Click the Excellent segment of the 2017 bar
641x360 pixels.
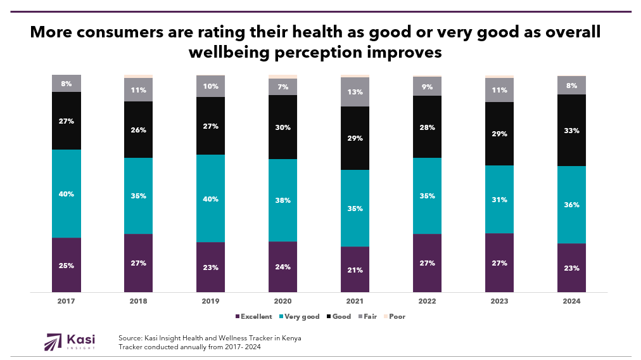[x=67, y=265]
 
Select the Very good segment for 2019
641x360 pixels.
[x=211, y=198]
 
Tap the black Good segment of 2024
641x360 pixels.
[x=571, y=130]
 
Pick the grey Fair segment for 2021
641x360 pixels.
[x=355, y=92]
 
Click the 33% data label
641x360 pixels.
[x=571, y=131]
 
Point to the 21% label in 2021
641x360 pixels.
[x=355, y=270]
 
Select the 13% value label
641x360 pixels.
[x=355, y=92]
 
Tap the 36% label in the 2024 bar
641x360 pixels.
[x=571, y=204]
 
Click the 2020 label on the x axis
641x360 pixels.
[x=283, y=301]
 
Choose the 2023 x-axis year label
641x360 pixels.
[x=499, y=301]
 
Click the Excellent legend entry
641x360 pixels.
[x=254, y=316]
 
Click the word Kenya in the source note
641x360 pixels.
[x=290, y=338]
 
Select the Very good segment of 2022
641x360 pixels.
[x=428, y=196]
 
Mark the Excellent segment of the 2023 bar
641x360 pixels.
[x=499, y=262]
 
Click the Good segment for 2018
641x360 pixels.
[x=139, y=130]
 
